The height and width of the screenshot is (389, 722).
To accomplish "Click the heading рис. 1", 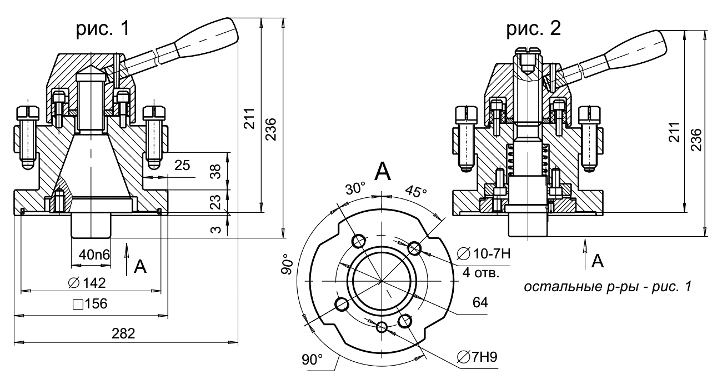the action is [x=103, y=29].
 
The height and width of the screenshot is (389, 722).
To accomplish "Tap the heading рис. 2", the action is [x=533, y=29].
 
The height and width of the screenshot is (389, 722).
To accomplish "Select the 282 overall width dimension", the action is [x=123, y=333].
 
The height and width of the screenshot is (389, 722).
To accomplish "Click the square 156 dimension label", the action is [x=90, y=304].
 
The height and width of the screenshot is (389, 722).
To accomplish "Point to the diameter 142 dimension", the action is [x=87, y=283].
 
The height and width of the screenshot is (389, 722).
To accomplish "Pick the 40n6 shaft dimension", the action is [x=94, y=255].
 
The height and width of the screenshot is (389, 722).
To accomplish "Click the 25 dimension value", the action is [x=182, y=166].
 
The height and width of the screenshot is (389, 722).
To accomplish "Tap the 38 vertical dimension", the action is [x=215, y=171].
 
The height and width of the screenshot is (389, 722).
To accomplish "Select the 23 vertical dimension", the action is [x=215, y=202].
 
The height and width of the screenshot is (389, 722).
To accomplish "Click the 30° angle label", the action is [x=356, y=188].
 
